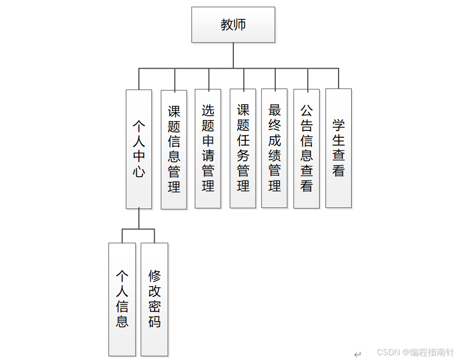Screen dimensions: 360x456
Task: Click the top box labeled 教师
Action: [x=233, y=25]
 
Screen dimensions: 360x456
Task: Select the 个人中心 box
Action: [x=139, y=149]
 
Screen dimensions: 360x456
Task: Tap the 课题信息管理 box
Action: [x=174, y=149]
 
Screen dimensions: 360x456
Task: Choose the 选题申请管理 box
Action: [x=208, y=148]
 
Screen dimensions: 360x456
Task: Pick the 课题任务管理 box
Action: [x=243, y=148]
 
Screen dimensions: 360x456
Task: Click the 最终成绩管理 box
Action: [x=274, y=148]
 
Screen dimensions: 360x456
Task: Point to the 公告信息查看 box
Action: [x=307, y=148]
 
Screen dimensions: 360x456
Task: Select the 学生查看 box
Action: [x=339, y=148]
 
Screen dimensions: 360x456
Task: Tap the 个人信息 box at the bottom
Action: [x=122, y=299]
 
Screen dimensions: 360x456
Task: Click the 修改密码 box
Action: [x=155, y=299]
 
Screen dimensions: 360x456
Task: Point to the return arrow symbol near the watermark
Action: [x=357, y=354]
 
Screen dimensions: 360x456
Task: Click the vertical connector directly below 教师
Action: [x=233, y=55]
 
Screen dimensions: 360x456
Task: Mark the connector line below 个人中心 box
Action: [x=139, y=219]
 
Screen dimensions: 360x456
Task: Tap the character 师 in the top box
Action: [x=240, y=25]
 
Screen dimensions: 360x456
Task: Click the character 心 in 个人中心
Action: [x=139, y=172]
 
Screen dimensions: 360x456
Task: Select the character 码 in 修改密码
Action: [x=155, y=322]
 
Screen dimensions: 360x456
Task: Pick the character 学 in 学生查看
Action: [x=339, y=126]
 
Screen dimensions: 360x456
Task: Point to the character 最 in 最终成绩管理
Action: [x=275, y=110]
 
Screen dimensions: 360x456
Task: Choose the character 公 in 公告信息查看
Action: [x=307, y=111]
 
